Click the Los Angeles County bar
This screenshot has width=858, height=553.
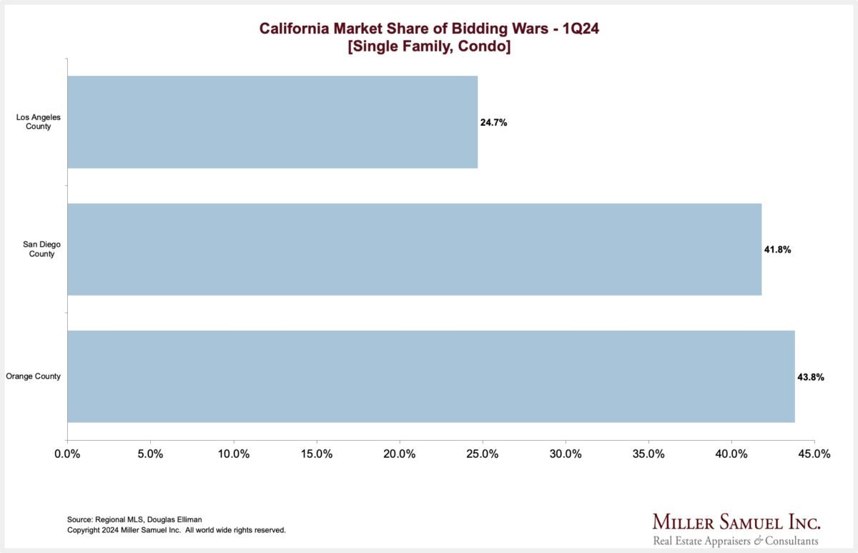(272, 122)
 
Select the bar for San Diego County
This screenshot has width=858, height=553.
(414, 250)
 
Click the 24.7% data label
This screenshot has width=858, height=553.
(493, 123)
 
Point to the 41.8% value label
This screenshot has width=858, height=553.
(777, 250)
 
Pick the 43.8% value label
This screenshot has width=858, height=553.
(811, 377)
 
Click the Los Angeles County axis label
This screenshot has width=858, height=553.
(34, 122)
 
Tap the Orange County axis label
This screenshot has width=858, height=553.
(33, 376)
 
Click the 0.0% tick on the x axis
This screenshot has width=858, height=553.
(67, 454)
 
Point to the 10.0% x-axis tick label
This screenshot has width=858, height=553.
(233, 454)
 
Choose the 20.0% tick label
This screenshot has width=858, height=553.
(399, 454)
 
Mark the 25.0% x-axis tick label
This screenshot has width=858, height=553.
(483, 454)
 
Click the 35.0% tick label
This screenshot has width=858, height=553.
(649, 454)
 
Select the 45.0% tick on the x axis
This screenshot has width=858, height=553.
(814, 454)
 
